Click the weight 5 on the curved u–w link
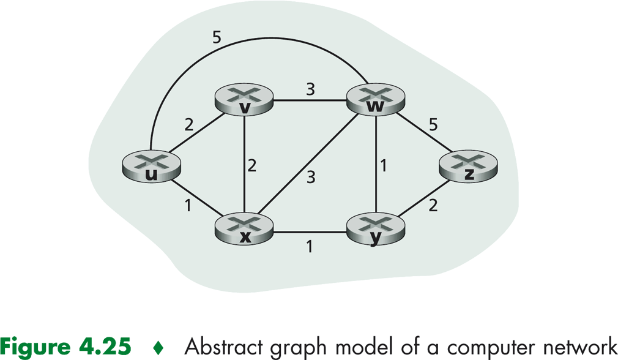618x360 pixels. click(x=217, y=38)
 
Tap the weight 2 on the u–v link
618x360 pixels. click(x=189, y=126)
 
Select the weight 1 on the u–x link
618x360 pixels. click(x=188, y=206)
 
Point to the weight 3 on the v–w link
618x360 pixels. click(x=311, y=89)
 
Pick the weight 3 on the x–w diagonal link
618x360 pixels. click(x=311, y=178)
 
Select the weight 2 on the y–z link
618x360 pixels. click(x=433, y=206)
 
